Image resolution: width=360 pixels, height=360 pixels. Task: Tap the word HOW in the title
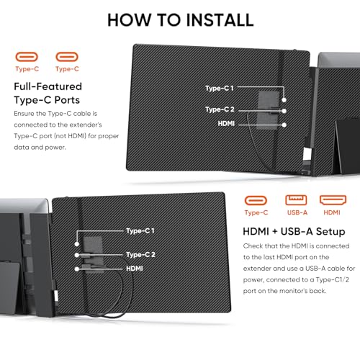point(128,19)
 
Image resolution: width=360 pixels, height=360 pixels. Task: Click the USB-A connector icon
point(292,200)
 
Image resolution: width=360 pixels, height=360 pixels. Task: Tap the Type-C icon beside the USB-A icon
point(255,200)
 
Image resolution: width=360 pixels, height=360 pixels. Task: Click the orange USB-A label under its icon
point(292,213)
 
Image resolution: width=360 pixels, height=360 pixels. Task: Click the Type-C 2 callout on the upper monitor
point(220,109)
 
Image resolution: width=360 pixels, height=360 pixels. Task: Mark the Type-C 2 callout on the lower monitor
point(141,254)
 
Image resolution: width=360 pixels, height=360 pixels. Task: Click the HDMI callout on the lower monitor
point(135,268)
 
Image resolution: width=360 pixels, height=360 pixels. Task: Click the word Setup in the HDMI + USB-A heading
point(328,231)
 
